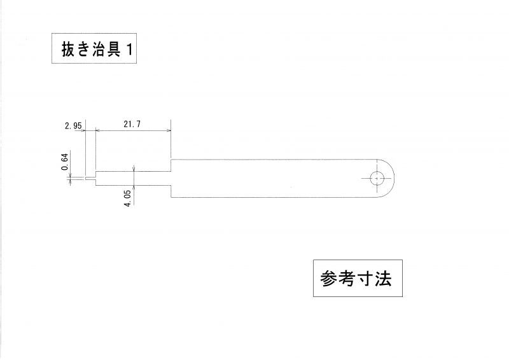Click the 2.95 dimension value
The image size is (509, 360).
click(x=73, y=126)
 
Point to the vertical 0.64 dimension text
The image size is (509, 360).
click(x=65, y=162)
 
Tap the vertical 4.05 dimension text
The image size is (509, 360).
click(x=128, y=196)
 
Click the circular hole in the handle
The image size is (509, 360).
click(x=377, y=178)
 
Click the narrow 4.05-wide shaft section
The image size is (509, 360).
click(x=134, y=178)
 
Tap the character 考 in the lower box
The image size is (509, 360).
click(x=347, y=279)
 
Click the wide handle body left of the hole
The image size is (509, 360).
click(x=267, y=178)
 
